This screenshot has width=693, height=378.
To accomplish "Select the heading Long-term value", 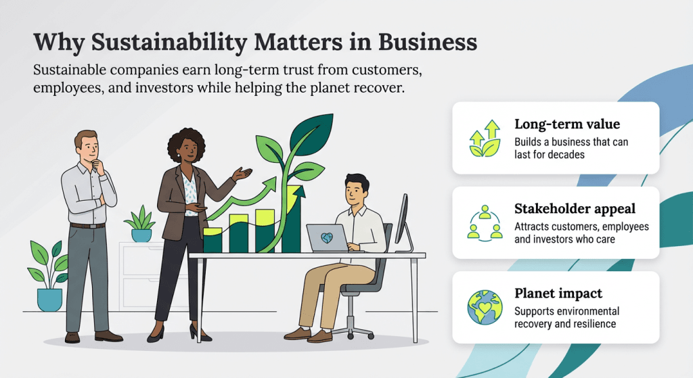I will point(567,124).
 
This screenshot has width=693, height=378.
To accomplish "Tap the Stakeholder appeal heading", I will point(575,209).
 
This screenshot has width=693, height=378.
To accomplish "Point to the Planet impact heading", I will point(558,293).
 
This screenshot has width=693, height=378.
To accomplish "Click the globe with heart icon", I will point(485,308).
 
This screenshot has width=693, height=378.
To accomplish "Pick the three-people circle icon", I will point(485,222).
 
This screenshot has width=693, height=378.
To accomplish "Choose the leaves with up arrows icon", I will point(485,138).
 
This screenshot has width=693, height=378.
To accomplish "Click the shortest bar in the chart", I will point(213,240).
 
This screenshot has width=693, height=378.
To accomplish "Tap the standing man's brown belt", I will point(88,225).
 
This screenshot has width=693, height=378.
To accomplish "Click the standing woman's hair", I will point(182,141).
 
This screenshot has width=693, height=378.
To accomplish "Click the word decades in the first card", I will point(566,155).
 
